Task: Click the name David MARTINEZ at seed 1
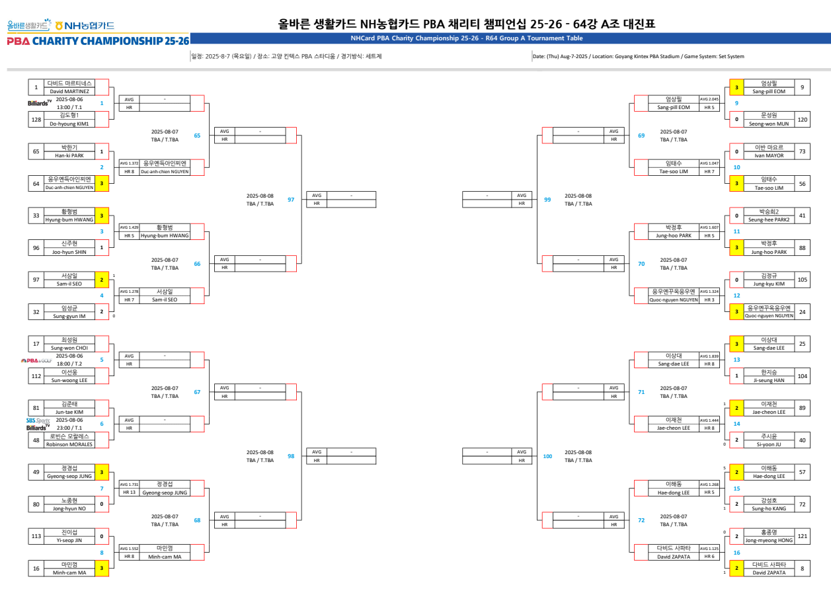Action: [x=69, y=91]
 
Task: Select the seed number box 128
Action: [x=36, y=119]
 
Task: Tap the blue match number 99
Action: [x=547, y=199]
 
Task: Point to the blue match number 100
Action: [x=547, y=456]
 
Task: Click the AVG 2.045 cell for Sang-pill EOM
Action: [x=709, y=99]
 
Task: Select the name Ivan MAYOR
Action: [x=769, y=155]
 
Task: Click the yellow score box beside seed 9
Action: [x=736, y=87]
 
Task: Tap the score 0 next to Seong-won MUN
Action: [x=736, y=119]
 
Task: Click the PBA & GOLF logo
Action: [x=36, y=360]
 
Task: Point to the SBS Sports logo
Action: [x=38, y=420]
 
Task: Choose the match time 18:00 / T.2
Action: [x=69, y=364]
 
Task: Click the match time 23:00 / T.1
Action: [x=69, y=428]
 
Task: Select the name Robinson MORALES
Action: [x=69, y=444]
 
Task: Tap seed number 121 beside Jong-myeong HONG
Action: [x=802, y=536]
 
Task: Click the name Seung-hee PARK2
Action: [x=769, y=219]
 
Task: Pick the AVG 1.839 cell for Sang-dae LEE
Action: [x=709, y=356]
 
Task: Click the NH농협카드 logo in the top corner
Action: [x=85, y=26]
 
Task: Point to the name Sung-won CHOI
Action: [x=69, y=348]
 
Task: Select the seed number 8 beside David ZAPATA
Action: [x=802, y=569]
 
